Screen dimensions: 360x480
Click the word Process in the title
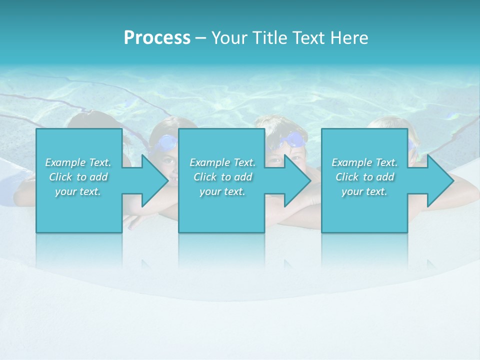(x=157, y=38)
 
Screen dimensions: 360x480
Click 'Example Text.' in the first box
(x=78, y=162)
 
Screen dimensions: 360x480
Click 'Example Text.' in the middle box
(x=222, y=162)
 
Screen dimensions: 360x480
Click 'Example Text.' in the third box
(x=364, y=162)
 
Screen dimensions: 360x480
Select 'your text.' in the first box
(x=78, y=191)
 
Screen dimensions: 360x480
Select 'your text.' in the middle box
(x=222, y=191)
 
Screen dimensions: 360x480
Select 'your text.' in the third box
(x=364, y=191)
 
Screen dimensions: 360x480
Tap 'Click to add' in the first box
(x=78, y=177)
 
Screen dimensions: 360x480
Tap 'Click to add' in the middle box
(x=222, y=177)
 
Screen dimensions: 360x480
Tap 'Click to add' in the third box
(x=364, y=177)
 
